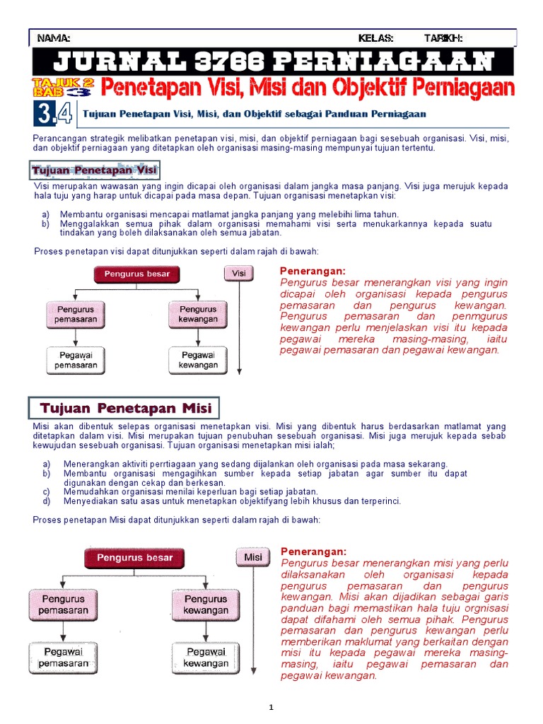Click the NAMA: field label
pyautogui.click(x=54, y=38)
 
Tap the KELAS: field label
pyautogui.click(x=375, y=38)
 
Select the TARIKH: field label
pyautogui.click(x=443, y=38)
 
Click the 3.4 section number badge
pyautogui.click(x=53, y=113)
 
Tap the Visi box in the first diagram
pyautogui.click(x=239, y=273)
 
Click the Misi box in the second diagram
pyautogui.click(x=253, y=557)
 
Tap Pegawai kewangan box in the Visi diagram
pyautogui.click(x=198, y=360)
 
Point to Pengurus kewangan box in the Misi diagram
pyautogui.click(x=206, y=604)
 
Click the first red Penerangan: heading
pyautogui.click(x=313, y=271)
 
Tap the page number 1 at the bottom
pyautogui.click(x=271, y=707)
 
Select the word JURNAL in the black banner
pyautogui.click(x=100, y=62)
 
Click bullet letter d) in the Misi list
pyautogui.click(x=47, y=501)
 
